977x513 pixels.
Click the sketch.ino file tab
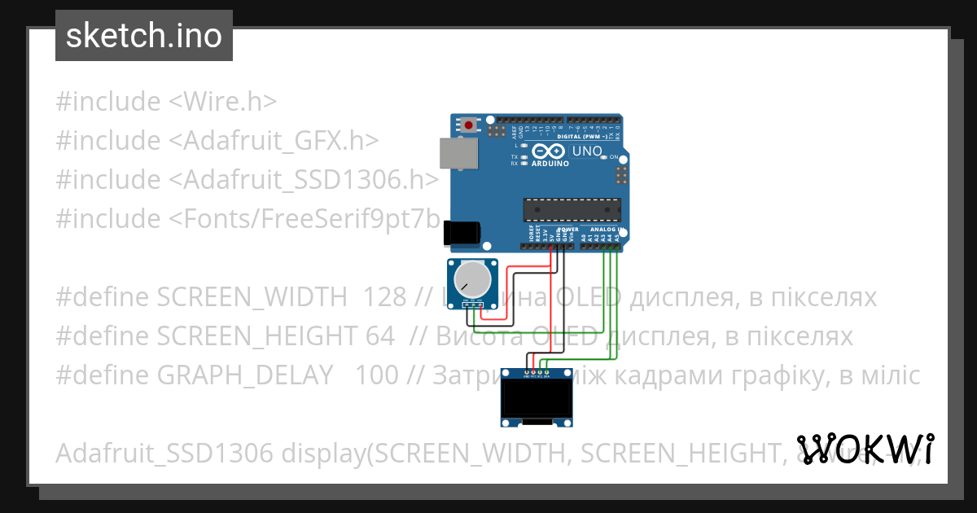point(144,36)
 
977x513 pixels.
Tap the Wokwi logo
point(865,449)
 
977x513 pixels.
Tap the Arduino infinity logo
point(548,151)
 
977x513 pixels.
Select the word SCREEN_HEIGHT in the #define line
point(253,336)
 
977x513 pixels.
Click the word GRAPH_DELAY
point(245,375)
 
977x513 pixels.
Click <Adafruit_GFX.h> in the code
point(274,141)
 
